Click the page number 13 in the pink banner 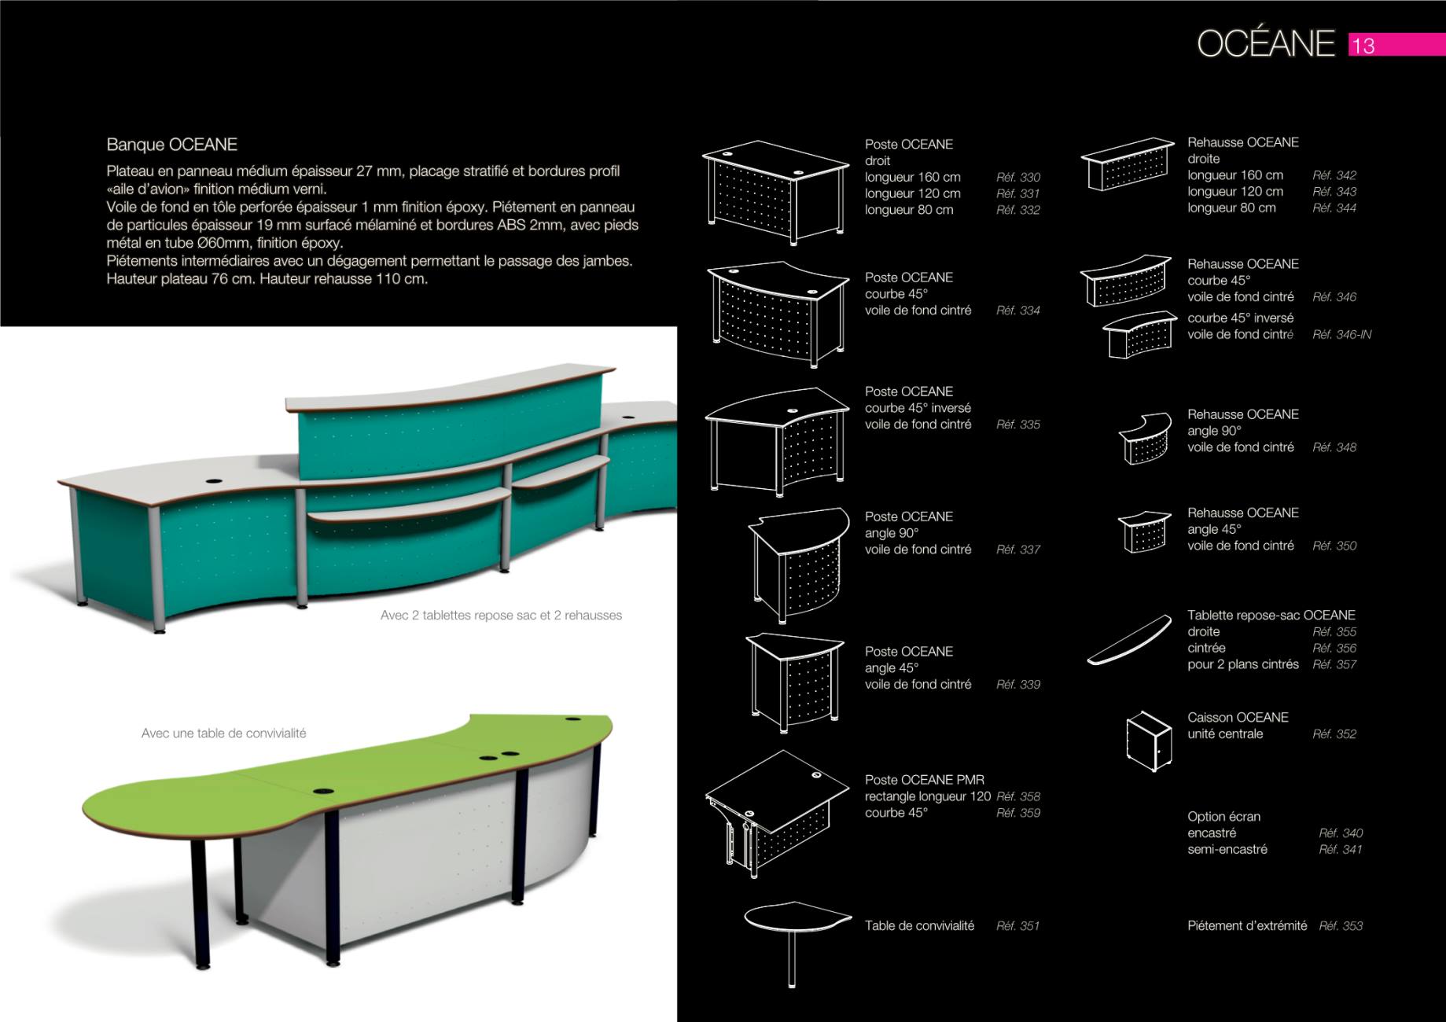1363,46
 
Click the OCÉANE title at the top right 1266,43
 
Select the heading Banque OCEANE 171,145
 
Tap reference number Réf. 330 1018,178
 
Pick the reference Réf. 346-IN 1341,335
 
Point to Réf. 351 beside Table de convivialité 1017,926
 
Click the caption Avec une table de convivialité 224,733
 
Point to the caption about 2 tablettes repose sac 501,616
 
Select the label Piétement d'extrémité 1247,926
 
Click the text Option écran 1223,817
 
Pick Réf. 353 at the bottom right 1341,926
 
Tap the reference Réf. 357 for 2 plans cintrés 1334,665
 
